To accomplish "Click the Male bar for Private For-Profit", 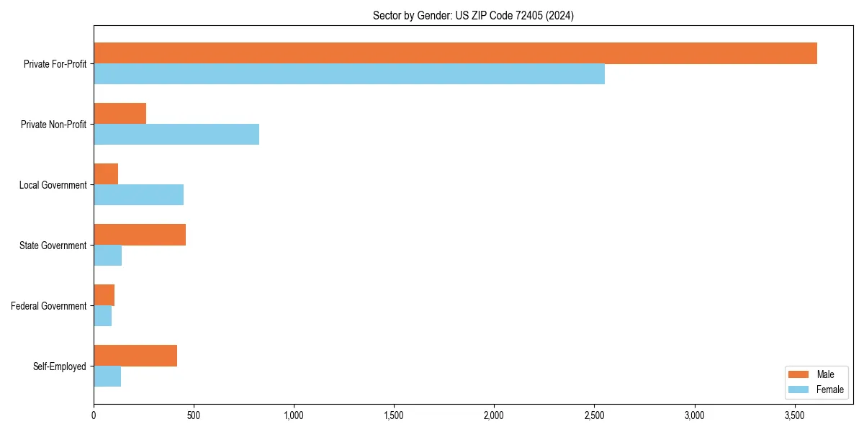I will pos(455,53).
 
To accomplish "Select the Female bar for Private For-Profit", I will pos(349,74).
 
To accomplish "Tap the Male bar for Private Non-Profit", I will pos(120,114).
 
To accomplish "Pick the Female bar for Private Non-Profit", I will pos(176,135).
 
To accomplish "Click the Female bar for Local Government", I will pos(138,195).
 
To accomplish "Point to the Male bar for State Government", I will pos(140,235).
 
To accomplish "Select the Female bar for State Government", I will pos(107,256).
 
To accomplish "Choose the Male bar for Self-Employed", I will pos(135,356).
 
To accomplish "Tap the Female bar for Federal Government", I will pos(102,316).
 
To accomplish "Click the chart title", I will pos(473,15).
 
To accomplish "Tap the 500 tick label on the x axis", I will pos(194,415).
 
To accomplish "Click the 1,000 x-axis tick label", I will pos(294,415).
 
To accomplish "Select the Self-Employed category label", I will pos(60,366).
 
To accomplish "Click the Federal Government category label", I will pos(49,306).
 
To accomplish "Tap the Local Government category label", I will pos(53,185).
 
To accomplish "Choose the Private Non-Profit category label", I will pos(54,125).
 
